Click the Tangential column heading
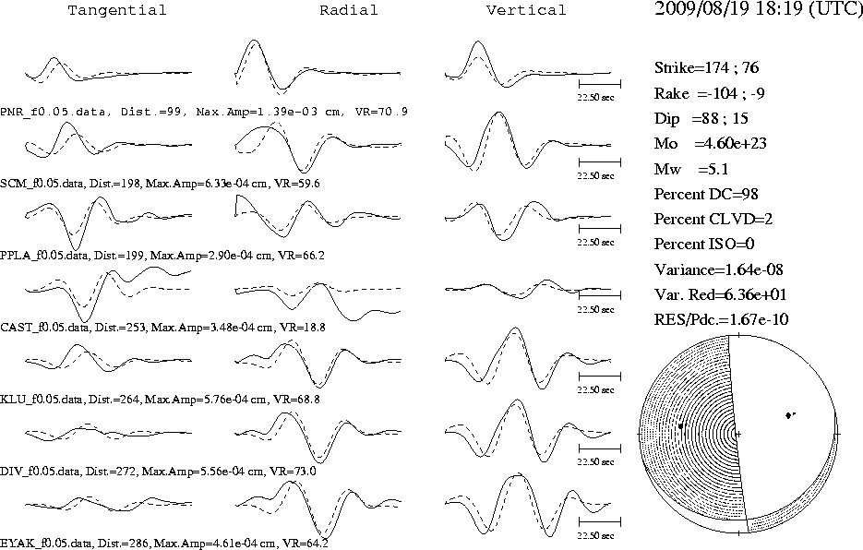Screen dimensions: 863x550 coord(116,10)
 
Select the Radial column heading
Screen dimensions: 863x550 coord(349,10)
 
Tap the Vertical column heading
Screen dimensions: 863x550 coord(525,10)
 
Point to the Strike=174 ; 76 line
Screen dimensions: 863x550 coord(706,67)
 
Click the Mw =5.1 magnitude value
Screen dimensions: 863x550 coord(691,169)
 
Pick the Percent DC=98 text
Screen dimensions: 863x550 coord(706,195)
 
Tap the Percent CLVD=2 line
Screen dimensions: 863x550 coord(713,219)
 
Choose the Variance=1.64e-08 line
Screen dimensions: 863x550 coord(719,269)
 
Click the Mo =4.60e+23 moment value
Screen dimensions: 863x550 coord(711,144)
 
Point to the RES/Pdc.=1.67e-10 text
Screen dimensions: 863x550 coord(721,319)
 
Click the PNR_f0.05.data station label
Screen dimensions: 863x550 coord(53,112)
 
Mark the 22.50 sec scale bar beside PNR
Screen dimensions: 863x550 coord(599,84)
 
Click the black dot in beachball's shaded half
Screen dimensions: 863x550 coord(681,425)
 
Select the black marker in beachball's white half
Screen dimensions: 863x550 coord(789,415)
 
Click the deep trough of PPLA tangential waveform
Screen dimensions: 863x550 coord(76,249)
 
